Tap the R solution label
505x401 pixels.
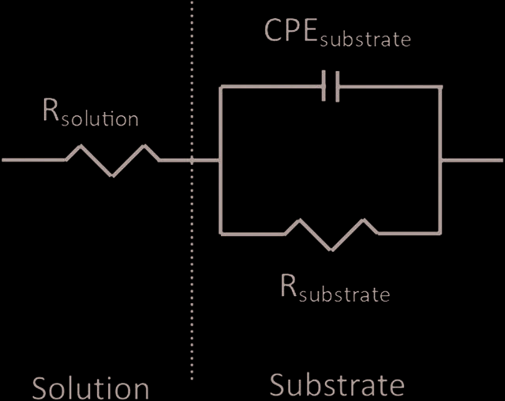[91, 112]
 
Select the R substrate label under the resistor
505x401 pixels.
[335, 288]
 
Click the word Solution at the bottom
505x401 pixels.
[91, 388]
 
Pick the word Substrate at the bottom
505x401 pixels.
[337, 384]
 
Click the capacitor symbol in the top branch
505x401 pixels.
[331, 87]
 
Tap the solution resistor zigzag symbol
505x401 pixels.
[112, 160]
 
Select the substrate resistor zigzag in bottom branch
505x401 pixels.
[331, 234]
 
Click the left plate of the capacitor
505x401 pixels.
[324, 87]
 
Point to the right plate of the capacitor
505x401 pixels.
[338, 87]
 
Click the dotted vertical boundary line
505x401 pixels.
[192, 190]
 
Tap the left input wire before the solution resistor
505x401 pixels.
[34, 159]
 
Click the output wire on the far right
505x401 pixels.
[472, 160]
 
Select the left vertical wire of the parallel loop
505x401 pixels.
[221, 160]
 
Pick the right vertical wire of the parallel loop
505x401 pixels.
[440, 160]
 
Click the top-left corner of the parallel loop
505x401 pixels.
[221, 87]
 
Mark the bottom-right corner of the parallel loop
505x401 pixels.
[440, 234]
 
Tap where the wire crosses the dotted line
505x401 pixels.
[192, 159]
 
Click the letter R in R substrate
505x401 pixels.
[289, 285]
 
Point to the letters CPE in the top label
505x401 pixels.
[291, 30]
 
